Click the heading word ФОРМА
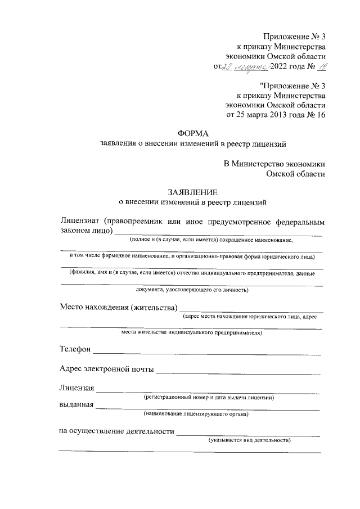click(192, 133)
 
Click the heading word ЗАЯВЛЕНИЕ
click(192, 191)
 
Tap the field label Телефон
click(75, 349)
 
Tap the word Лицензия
click(76, 388)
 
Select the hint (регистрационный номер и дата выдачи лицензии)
click(209, 398)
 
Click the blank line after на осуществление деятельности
click(248, 435)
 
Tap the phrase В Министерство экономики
click(274, 164)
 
